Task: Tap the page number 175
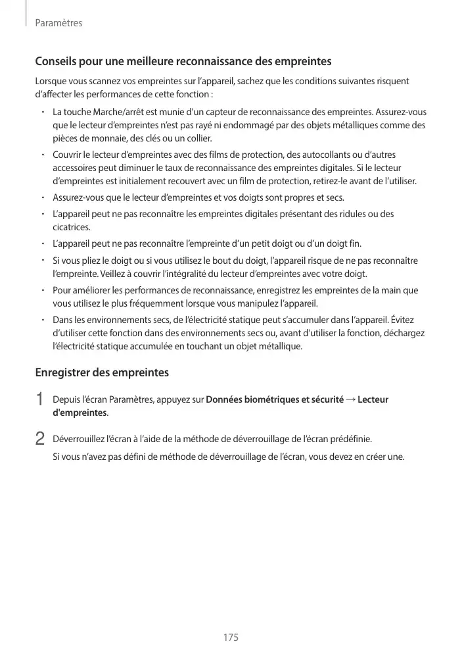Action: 230,638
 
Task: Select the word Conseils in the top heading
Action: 57,63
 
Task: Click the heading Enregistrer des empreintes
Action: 102,373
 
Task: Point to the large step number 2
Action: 39,438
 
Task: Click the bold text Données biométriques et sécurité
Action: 275,399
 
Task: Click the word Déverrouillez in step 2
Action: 79,438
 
